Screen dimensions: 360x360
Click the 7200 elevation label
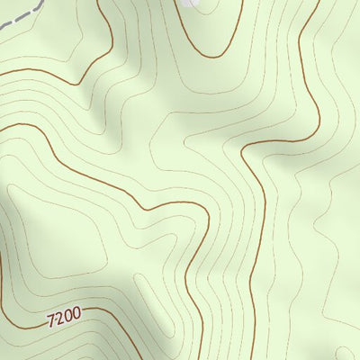[63, 315]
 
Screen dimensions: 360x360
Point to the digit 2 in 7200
[58, 316]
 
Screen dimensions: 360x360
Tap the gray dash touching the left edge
[4, 28]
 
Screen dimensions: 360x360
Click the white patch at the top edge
[188, 3]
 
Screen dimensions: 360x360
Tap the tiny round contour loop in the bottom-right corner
[340, 346]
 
